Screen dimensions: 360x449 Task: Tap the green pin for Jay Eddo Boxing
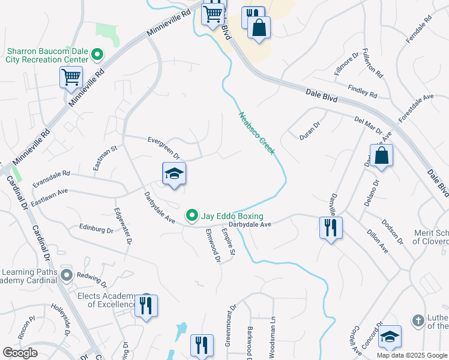point(192,215)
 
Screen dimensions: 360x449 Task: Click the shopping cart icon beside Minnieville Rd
point(71,77)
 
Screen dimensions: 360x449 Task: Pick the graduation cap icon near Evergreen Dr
point(174,174)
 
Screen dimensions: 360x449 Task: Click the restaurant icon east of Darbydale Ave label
point(330,227)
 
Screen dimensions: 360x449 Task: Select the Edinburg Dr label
point(96,229)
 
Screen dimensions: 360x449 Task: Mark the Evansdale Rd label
point(52,178)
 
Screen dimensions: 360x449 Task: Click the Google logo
point(20,353)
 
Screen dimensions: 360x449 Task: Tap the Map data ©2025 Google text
point(412,355)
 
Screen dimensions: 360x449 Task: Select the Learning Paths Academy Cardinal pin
point(66,275)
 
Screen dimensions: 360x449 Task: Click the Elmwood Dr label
point(212,245)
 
